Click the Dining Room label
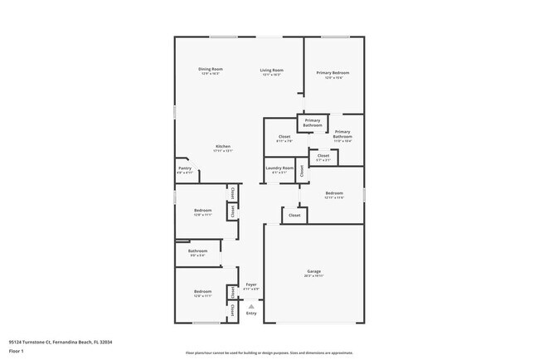tap(211, 69)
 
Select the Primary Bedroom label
tap(333, 73)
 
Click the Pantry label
tap(185, 168)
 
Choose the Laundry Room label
tap(279, 168)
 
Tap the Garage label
tap(313, 271)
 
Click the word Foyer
tap(250, 285)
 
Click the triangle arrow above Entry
tap(250, 306)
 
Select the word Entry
tap(250, 314)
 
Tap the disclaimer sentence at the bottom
tap(269, 352)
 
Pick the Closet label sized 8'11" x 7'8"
tap(284, 136)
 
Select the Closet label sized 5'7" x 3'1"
tap(323, 155)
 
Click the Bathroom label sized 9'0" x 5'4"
tap(197, 251)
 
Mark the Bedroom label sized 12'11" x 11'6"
tap(333, 193)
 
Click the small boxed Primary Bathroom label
tap(312, 123)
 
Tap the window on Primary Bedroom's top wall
tap(334, 36)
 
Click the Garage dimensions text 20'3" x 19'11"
tap(313, 275)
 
